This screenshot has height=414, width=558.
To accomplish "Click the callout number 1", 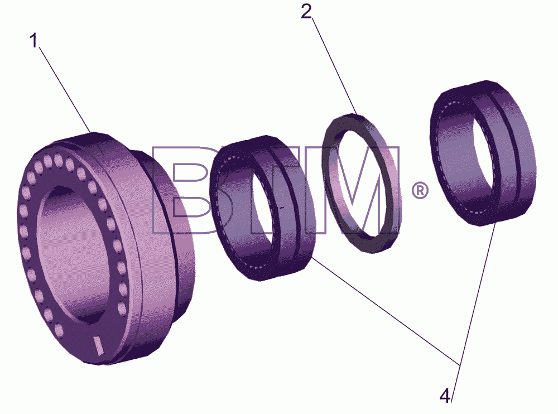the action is (x=34, y=41).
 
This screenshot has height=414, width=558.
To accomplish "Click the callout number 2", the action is (x=306, y=11).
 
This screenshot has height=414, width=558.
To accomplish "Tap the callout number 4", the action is (x=445, y=396).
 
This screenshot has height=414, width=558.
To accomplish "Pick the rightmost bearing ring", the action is (x=512, y=153).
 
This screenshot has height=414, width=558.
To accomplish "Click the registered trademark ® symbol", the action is (x=420, y=191).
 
